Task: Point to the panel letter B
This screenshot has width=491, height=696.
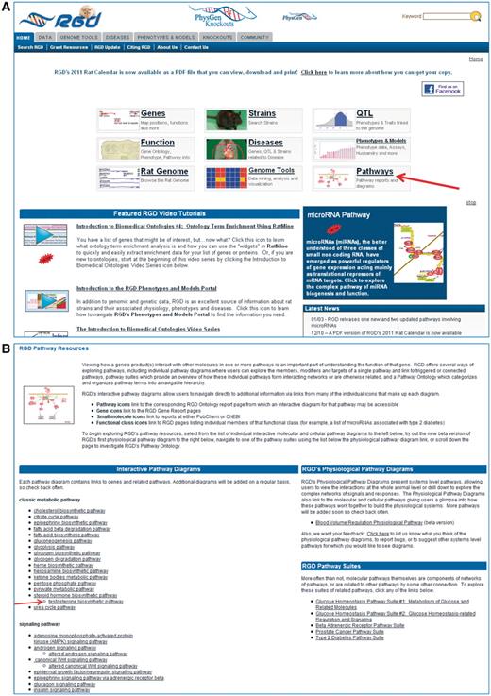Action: pyautogui.click(x=7, y=323)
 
